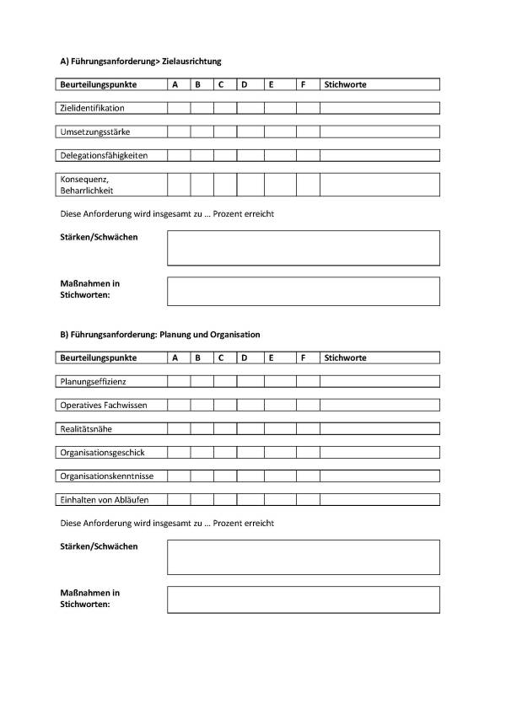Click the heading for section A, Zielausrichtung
(141, 62)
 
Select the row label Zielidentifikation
(92, 108)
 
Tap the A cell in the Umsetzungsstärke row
(178, 132)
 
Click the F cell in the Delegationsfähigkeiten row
(308, 155)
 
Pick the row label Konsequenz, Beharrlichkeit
(87, 185)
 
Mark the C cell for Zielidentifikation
(224, 108)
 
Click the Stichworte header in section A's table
(345, 84)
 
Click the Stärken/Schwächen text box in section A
(303, 248)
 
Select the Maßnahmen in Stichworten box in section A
(303, 291)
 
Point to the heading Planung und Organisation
(160, 335)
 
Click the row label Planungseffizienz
(93, 382)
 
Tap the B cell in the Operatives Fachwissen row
(202, 405)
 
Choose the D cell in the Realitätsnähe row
(250, 428)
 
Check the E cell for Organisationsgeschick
(280, 452)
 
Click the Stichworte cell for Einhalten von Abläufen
(379, 499)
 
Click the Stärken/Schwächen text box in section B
(303, 557)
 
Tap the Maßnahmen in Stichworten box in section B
(303, 599)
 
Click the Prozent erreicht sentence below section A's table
(168, 214)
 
